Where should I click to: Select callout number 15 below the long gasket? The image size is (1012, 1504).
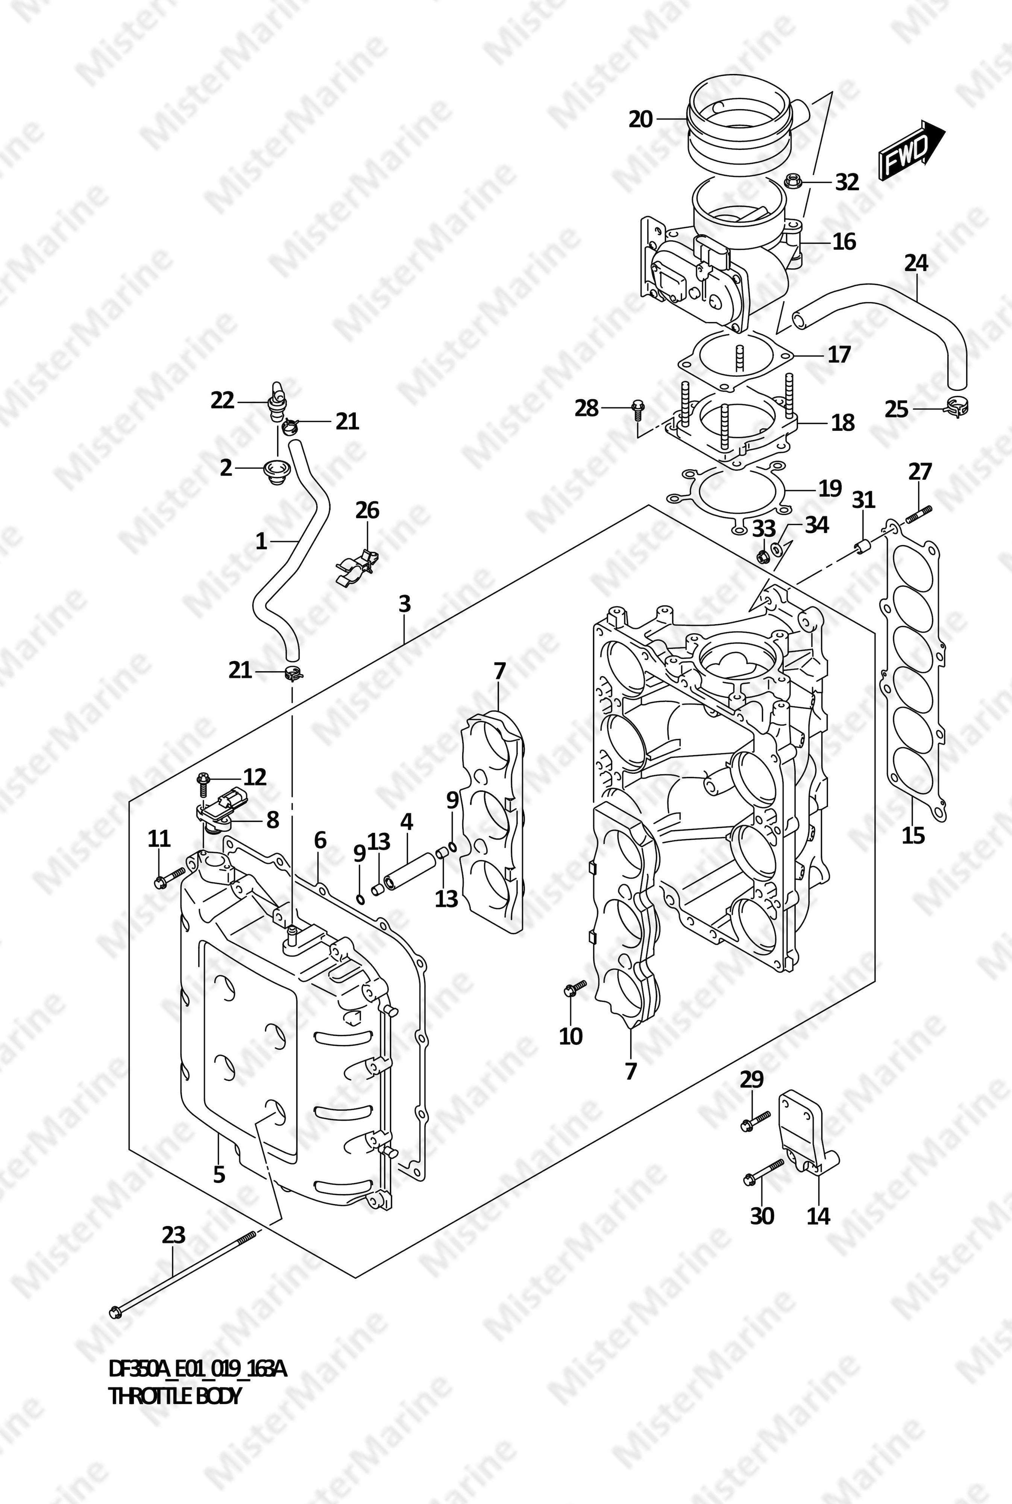click(x=913, y=835)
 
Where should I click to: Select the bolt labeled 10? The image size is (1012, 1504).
click(x=574, y=989)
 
